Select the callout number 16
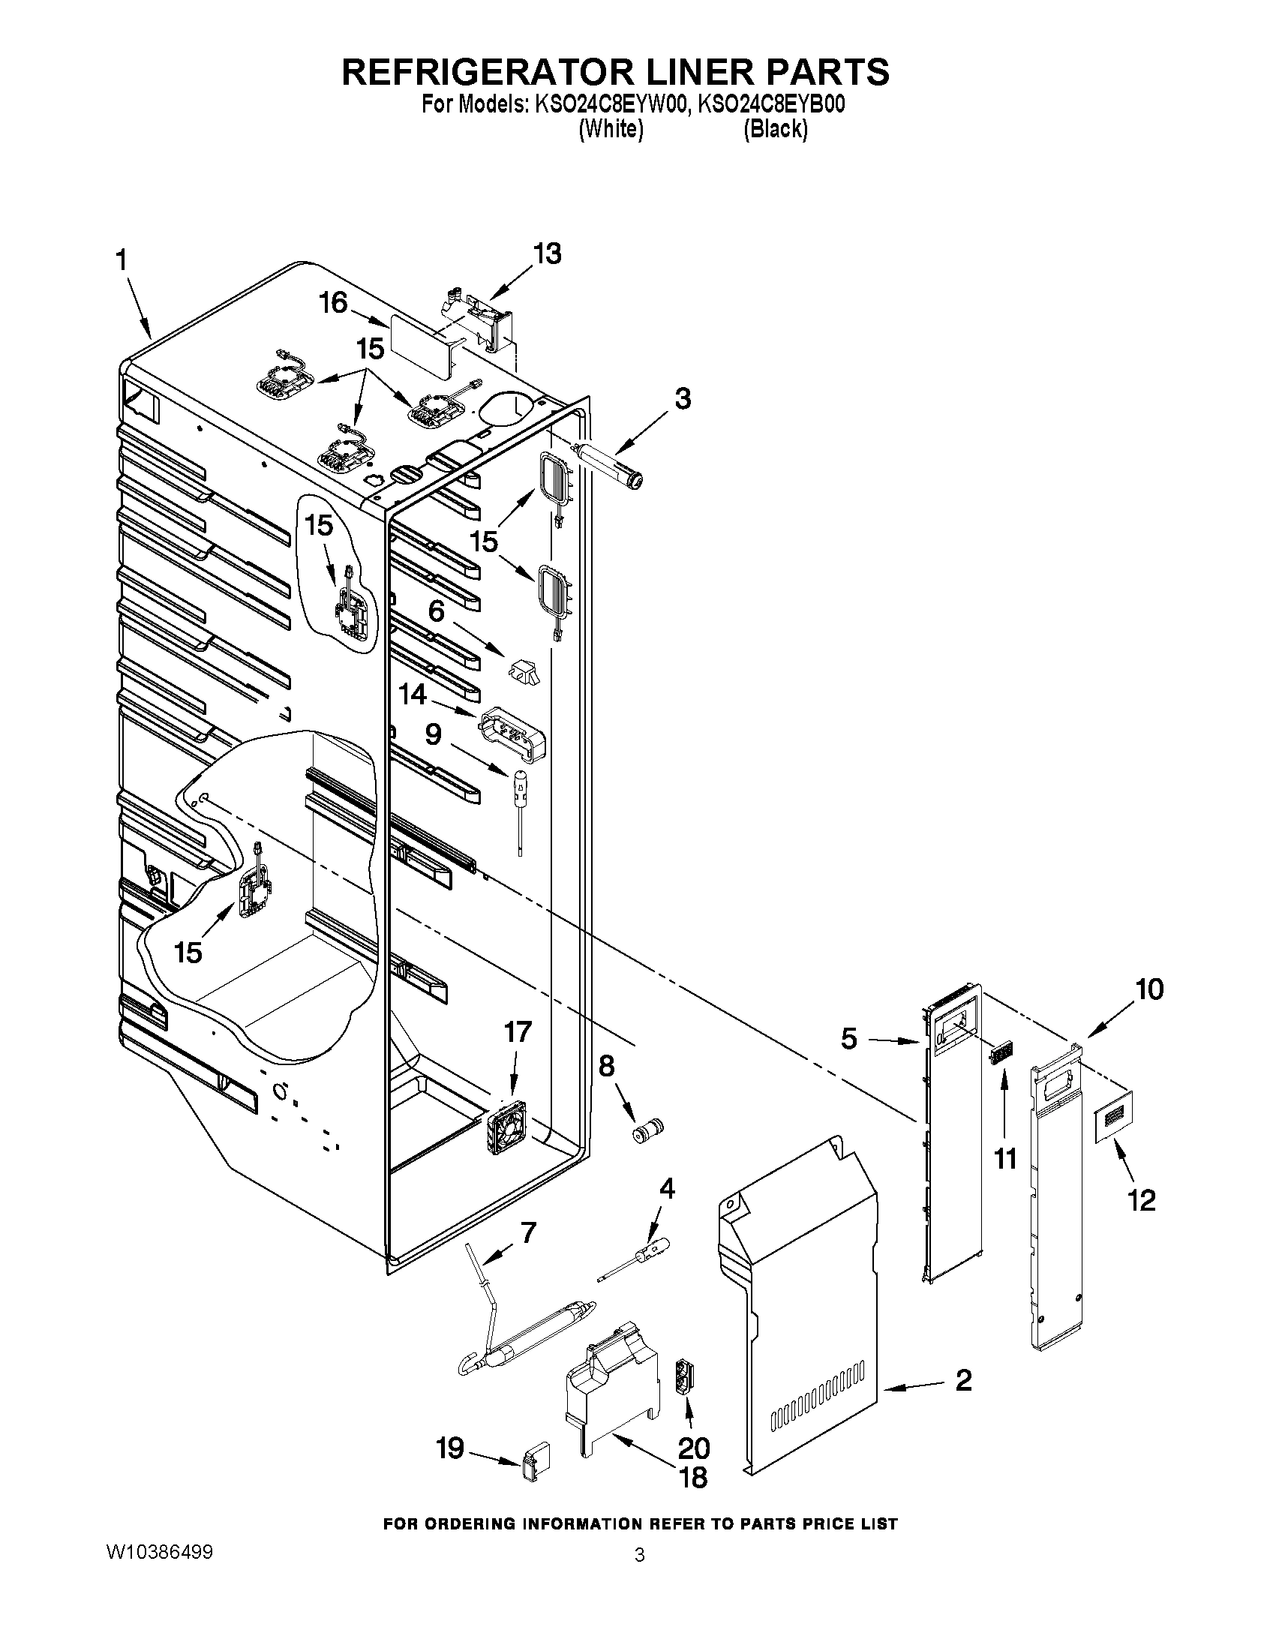[x=332, y=303]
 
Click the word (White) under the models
[x=611, y=130]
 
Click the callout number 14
[x=413, y=694]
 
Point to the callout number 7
[x=528, y=1233]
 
